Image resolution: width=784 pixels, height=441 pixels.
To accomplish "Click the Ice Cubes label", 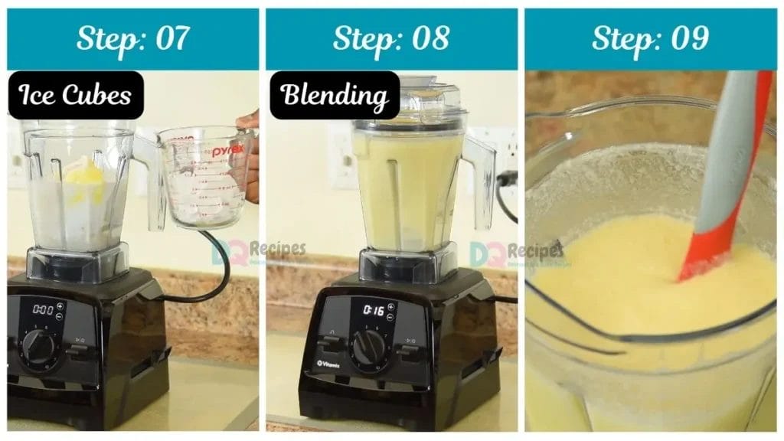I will click(75, 96).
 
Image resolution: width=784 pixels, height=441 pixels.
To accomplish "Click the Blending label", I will click(334, 96).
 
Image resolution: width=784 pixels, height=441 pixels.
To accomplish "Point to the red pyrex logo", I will click(227, 152).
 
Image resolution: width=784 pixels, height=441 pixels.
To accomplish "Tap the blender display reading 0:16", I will click(373, 311).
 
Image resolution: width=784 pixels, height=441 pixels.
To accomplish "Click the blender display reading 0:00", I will click(43, 310).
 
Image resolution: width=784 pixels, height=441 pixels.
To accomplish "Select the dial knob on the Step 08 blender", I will click(368, 346).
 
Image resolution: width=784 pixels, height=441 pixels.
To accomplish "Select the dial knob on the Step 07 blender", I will click(38, 345).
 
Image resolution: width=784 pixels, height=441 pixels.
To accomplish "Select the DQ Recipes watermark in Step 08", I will click(517, 252).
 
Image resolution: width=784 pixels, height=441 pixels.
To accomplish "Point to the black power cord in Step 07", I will click(214, 276).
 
